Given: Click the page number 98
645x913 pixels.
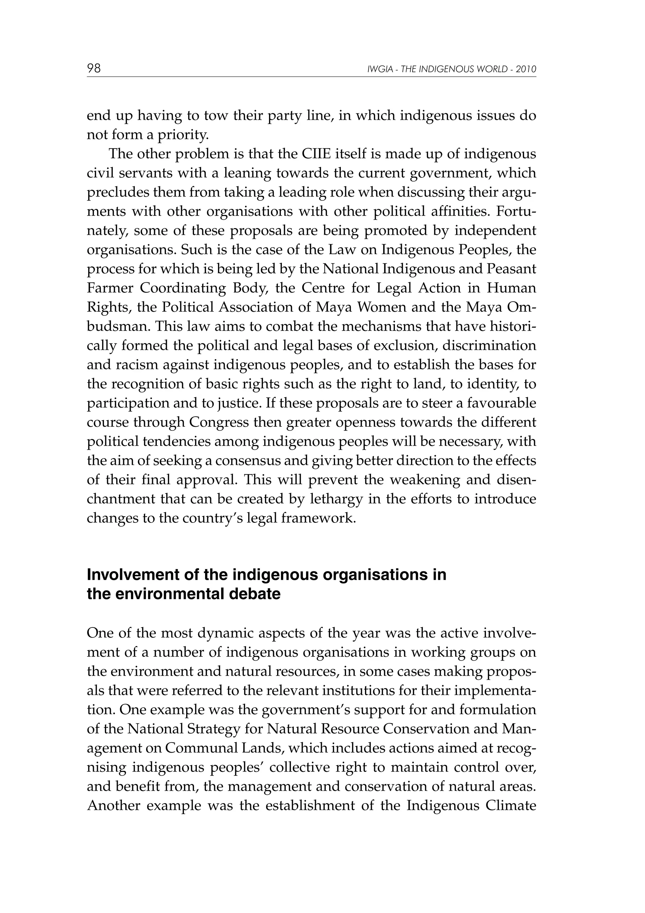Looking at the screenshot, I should click(x=94, y=69).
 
